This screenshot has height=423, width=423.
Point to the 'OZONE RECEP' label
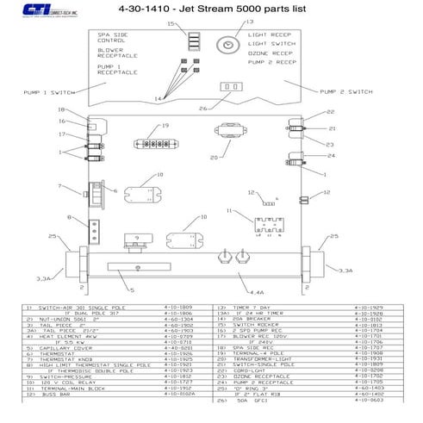[x=268, y=53]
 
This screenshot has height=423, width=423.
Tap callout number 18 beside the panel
[x=61, y=110]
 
